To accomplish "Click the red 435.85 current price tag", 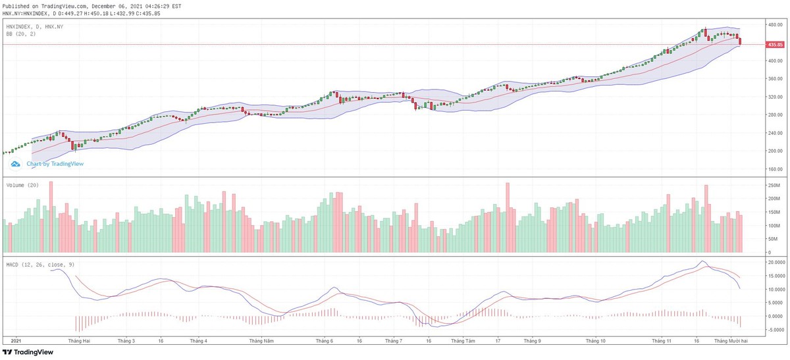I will [x=774, y=45].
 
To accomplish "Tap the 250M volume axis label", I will [x=773, y=186].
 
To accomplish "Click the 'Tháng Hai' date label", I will [x=78, y=342].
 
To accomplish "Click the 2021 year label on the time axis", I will [x=17, y=342].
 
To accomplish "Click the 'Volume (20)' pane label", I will [x=22, y=185].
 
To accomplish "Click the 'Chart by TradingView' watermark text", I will [x=55, y=164].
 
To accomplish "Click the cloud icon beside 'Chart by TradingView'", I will [x=16, y=164].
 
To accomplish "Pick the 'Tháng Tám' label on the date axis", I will [x=462, y=342].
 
